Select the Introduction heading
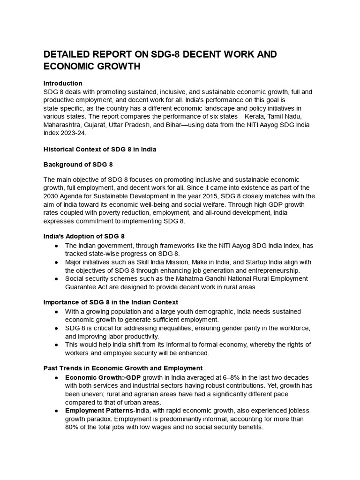point(63,83)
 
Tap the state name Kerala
point(266,117)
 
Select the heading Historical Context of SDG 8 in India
point(100,150)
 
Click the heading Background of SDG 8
point(78,165)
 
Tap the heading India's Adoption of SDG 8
point(84,236)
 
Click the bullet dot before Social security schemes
point(56,279)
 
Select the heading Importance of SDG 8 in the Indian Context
point(111,302)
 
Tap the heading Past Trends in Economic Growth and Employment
point(123,368)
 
